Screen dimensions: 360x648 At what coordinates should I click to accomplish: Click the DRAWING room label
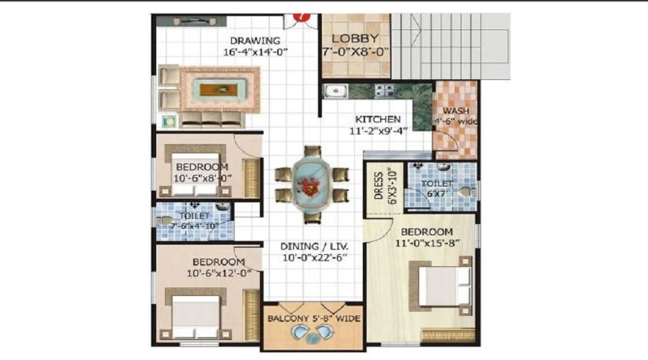(254, 40)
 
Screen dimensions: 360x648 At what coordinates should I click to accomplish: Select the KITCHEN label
(377, 119)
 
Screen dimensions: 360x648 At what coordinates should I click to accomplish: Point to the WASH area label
(456, 111)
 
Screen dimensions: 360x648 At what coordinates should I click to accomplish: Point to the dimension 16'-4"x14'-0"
(254, 52)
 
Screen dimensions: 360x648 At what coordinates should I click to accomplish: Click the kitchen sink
(335, 91)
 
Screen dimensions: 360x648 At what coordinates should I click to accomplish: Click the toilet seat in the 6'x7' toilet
(467, 192)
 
